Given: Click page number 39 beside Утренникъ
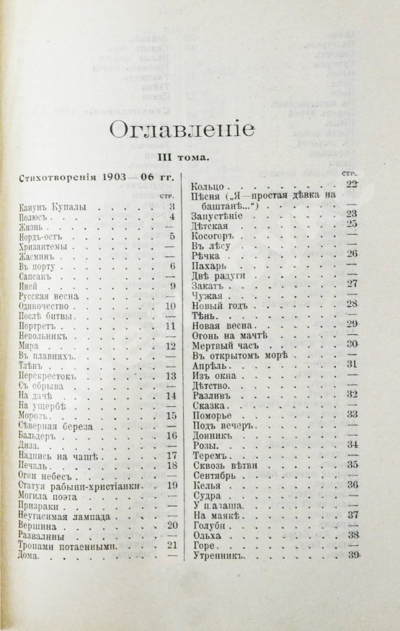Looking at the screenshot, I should [352, 556].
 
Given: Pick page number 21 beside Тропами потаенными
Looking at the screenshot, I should [171, 545].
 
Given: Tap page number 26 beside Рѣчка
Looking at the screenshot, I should [352, 254].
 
